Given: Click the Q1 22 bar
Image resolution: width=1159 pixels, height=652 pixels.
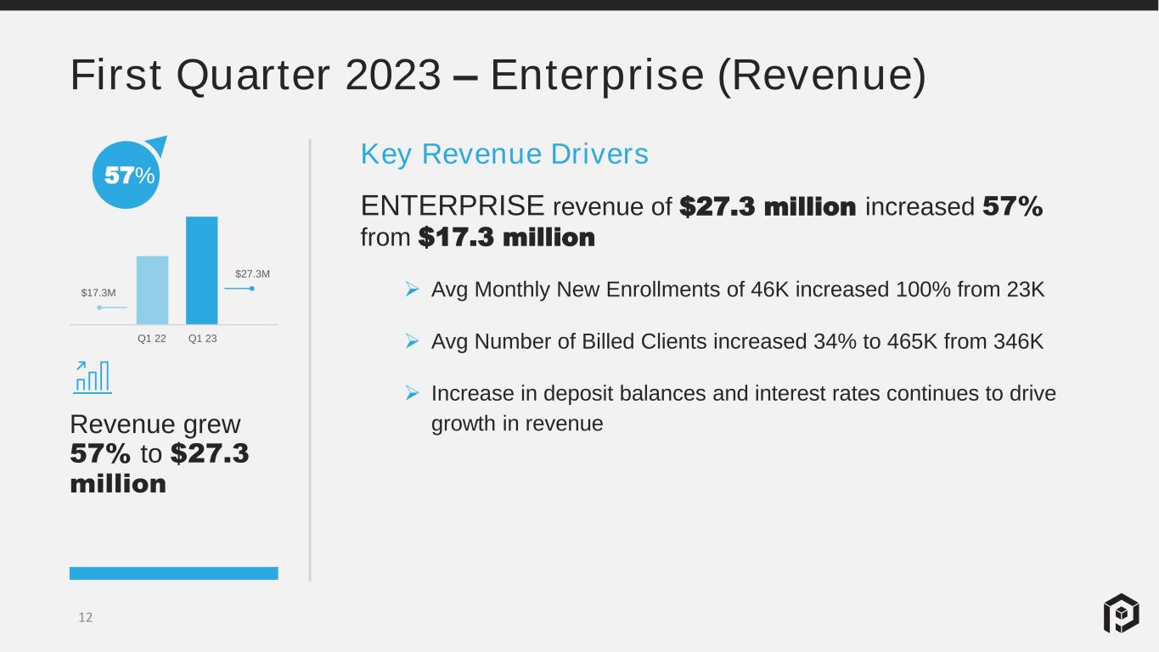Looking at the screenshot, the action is coord(152,290).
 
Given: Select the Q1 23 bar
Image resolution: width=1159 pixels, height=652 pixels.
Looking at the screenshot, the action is coord(202,271).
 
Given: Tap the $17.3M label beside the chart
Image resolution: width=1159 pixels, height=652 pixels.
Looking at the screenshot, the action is coord(98,293).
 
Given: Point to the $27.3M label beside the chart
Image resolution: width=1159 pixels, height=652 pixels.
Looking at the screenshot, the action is coord(252,273).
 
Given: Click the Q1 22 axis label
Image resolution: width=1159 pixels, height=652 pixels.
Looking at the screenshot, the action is coord(152,339).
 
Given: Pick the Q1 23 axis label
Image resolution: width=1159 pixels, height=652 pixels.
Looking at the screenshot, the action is coord(202,339).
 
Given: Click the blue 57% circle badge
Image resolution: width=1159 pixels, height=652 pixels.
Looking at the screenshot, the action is coord(127,175).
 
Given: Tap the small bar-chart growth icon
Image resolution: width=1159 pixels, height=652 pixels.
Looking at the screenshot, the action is coord(93,377).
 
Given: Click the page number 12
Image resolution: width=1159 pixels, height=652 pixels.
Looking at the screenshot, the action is coord(86,617).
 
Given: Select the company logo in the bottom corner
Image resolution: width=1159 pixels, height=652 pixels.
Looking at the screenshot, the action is coord(1122,613).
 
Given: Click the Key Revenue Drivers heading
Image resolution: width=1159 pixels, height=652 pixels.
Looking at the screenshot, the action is coord(504,154).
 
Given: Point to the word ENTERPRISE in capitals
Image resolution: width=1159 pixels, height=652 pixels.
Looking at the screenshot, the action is coord(453,205).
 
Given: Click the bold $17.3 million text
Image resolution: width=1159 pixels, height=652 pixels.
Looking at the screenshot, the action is coord(507,237).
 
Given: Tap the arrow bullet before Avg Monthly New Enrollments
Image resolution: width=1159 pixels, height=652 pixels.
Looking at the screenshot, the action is coord(413,289).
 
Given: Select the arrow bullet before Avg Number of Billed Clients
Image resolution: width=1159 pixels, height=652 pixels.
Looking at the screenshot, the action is coord(413,341).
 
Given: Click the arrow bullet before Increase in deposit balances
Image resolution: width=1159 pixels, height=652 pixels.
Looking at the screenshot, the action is coord(413,393).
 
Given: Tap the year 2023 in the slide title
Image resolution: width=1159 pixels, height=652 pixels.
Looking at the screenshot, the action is coord(393,75).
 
